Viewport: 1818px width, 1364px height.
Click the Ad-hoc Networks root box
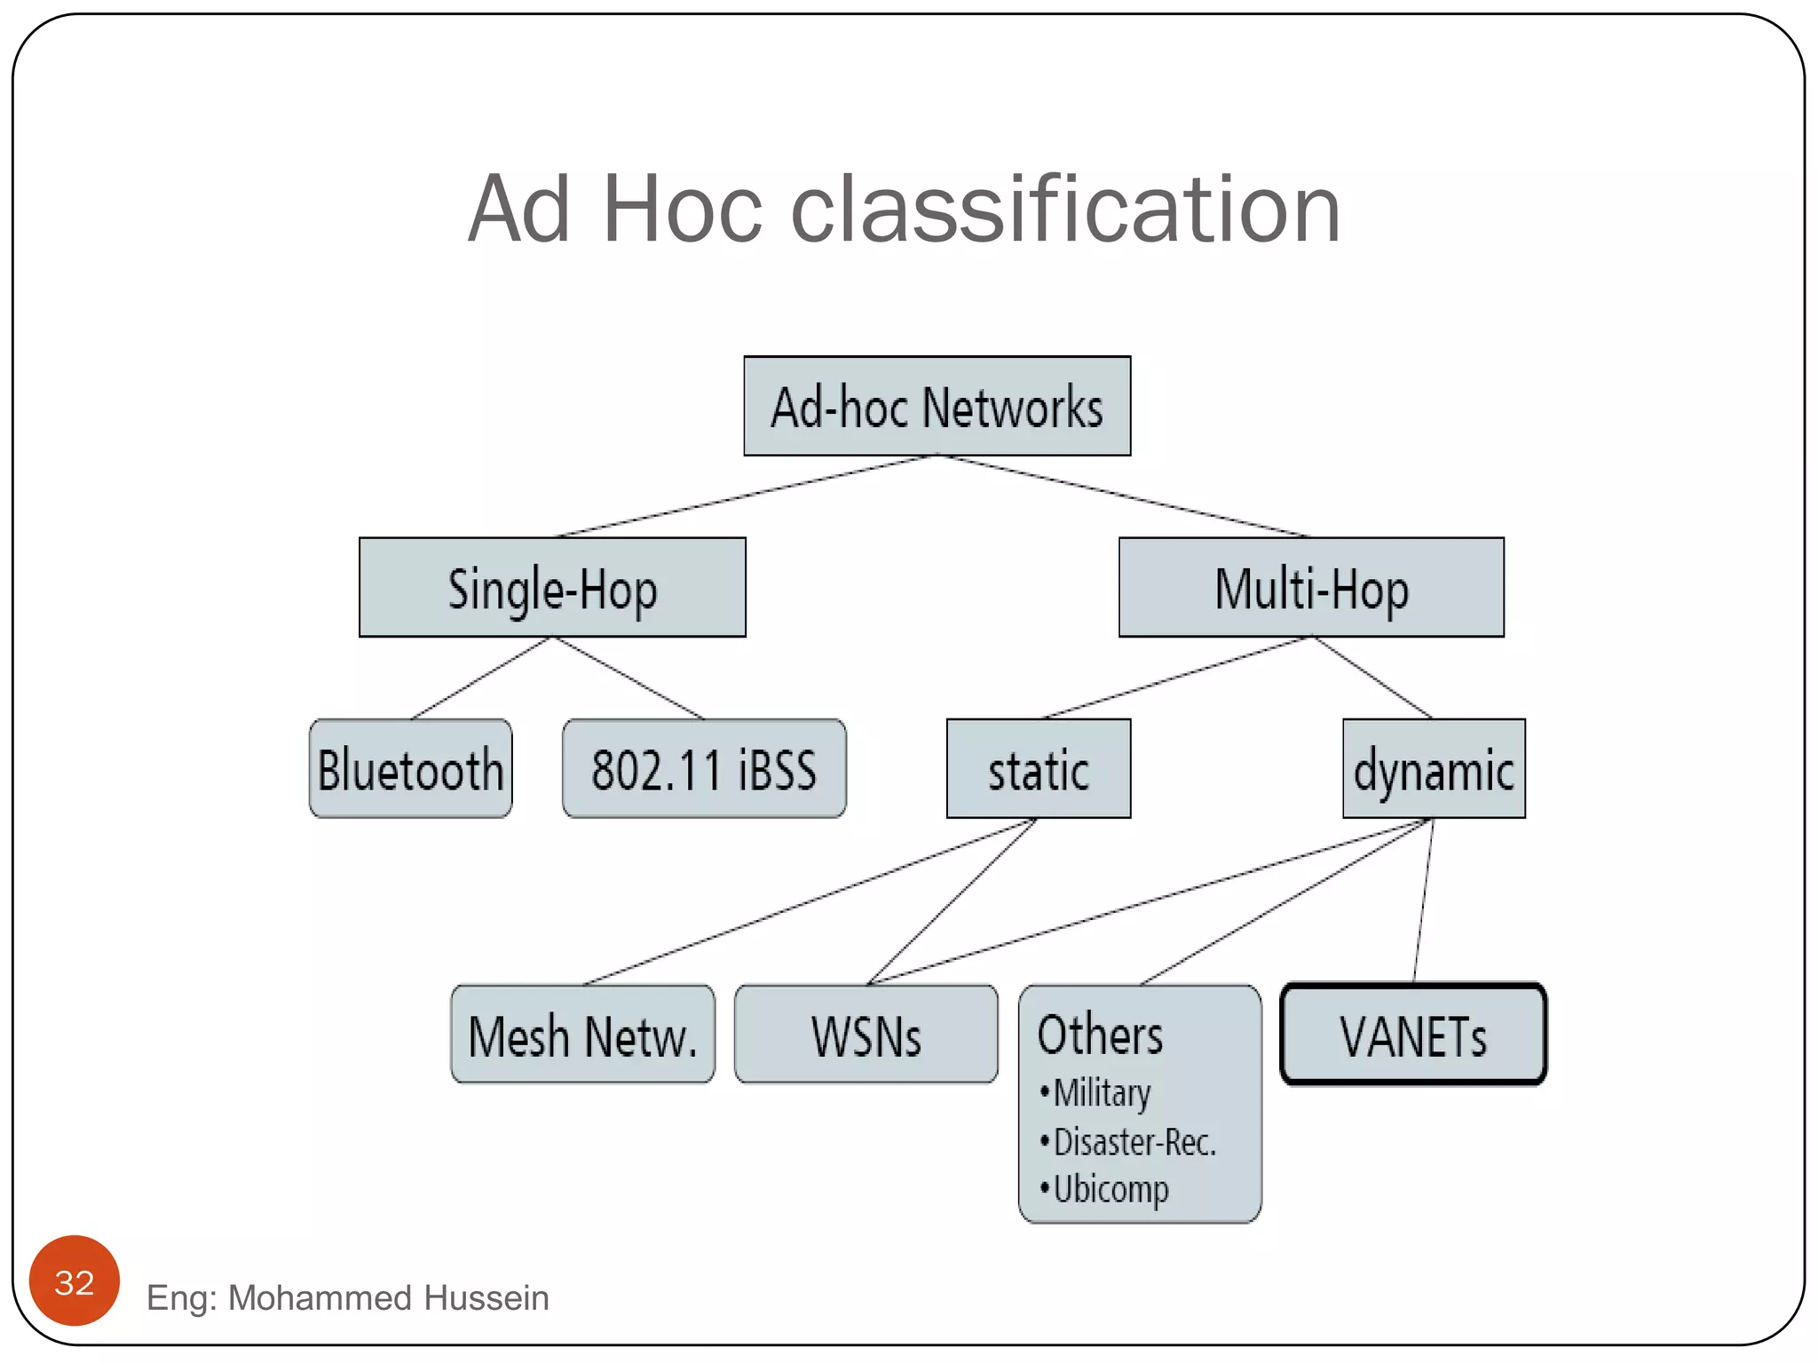coord(937,407)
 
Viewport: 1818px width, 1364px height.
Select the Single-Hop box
coord(552,588)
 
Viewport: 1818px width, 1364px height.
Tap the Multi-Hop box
coord(1311,588)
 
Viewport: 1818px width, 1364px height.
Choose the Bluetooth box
coord(410,769)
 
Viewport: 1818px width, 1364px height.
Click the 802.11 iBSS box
coord(704,769)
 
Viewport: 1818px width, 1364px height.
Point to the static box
coord(1039,769)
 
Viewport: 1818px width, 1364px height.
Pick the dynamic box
coord(1434,769)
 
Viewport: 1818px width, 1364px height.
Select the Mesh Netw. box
coord(582,1035)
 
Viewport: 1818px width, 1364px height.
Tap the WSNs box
coord(866,1035)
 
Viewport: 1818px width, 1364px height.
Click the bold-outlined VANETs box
coord(1413,1035)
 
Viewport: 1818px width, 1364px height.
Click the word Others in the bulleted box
coord(1100,1035)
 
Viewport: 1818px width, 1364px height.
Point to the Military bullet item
coord(1102,1093)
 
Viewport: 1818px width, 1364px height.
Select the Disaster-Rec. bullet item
coord(1134,1143)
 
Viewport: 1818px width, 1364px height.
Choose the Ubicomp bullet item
coord(1111,1190)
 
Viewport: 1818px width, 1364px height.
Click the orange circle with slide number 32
coord(75,1281)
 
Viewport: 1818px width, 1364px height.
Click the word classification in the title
coord(1065,210)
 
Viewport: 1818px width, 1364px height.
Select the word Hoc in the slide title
coord(682,210)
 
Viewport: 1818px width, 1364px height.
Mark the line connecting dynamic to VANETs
coord(1423,900)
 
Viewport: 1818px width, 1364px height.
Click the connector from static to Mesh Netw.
coord(808,901)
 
